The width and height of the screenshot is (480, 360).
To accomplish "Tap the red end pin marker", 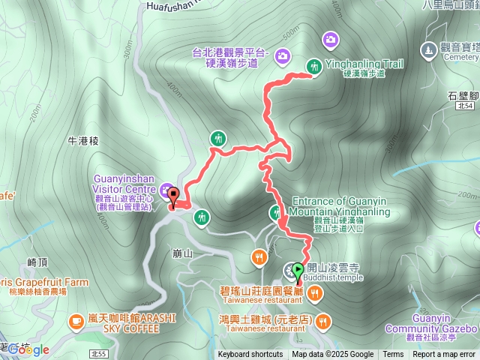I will tap(173, 198).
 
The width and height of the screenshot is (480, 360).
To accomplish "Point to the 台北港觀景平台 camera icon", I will tap(282, 55).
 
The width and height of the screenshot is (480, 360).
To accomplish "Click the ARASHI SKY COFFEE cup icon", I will tap(76, 322).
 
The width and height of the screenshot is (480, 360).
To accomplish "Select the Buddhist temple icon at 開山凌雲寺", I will tap(289, 270).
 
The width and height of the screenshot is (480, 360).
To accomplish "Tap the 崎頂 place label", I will tap(37, 262).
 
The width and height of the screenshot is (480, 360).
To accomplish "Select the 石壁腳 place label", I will tap(463, 95).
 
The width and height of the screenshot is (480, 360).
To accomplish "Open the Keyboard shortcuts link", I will tap(250, 355).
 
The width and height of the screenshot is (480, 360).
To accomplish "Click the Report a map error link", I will tap(444, 355).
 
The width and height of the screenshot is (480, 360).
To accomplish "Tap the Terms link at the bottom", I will tap(393, 355).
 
